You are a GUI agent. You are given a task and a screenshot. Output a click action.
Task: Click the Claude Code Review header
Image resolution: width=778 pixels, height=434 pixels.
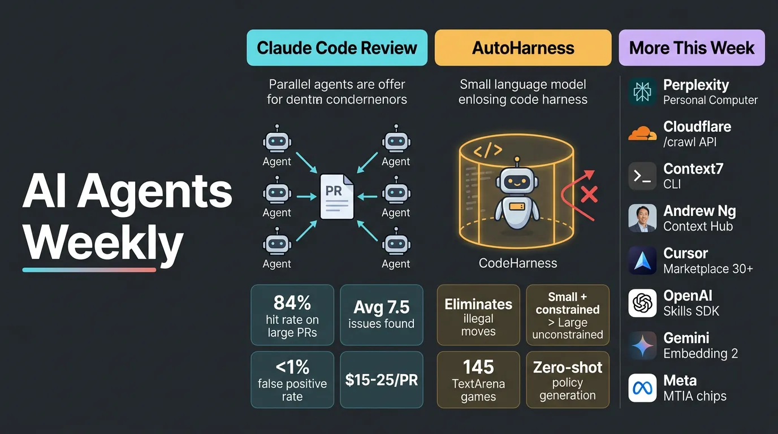(337, 48)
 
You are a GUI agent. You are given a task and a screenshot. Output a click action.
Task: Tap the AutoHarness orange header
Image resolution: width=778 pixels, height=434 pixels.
(523, 48)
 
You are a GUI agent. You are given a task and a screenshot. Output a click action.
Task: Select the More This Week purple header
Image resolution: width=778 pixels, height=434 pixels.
(691, 48)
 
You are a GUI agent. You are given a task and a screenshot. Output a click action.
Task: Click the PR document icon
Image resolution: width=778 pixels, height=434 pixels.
(336, 196)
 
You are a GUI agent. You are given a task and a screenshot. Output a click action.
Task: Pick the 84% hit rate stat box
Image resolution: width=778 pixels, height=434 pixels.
(292, 315)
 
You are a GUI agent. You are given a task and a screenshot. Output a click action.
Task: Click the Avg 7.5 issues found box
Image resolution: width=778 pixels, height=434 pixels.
(381, 315)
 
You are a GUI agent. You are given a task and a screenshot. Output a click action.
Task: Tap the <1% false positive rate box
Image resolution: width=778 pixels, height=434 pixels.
(292, 380)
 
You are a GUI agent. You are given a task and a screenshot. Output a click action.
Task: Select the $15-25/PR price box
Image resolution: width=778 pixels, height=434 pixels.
(381, 380)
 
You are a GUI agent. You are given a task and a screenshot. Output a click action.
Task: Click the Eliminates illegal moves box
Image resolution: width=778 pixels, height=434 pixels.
(478, 315)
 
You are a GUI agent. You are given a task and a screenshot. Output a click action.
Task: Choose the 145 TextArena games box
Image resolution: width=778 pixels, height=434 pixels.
(478, 380)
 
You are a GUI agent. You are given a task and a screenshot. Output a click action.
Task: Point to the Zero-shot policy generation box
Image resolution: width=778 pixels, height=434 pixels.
(568, 380)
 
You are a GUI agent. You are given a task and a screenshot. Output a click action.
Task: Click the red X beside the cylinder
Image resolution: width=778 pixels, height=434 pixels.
(589, 195)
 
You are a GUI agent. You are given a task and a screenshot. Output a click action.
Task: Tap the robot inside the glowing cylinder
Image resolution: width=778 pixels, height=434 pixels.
(516, 195)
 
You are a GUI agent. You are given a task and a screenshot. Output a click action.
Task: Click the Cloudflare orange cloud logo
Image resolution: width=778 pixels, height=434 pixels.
(642, 134)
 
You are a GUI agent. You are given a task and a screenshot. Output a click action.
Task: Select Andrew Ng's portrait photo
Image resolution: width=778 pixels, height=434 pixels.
(642, 219)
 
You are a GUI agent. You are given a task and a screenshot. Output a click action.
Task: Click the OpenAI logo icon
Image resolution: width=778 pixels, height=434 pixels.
(642, 303)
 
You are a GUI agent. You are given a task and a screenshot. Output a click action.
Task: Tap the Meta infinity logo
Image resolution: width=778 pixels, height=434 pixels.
(642, 388)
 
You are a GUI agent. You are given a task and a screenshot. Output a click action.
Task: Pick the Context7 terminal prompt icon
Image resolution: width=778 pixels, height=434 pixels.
(642, 176)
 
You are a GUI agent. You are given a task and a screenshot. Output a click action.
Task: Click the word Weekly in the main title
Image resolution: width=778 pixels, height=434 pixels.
(103, 242)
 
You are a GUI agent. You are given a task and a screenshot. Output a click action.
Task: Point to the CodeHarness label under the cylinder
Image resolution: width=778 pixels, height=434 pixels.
(518, 263)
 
